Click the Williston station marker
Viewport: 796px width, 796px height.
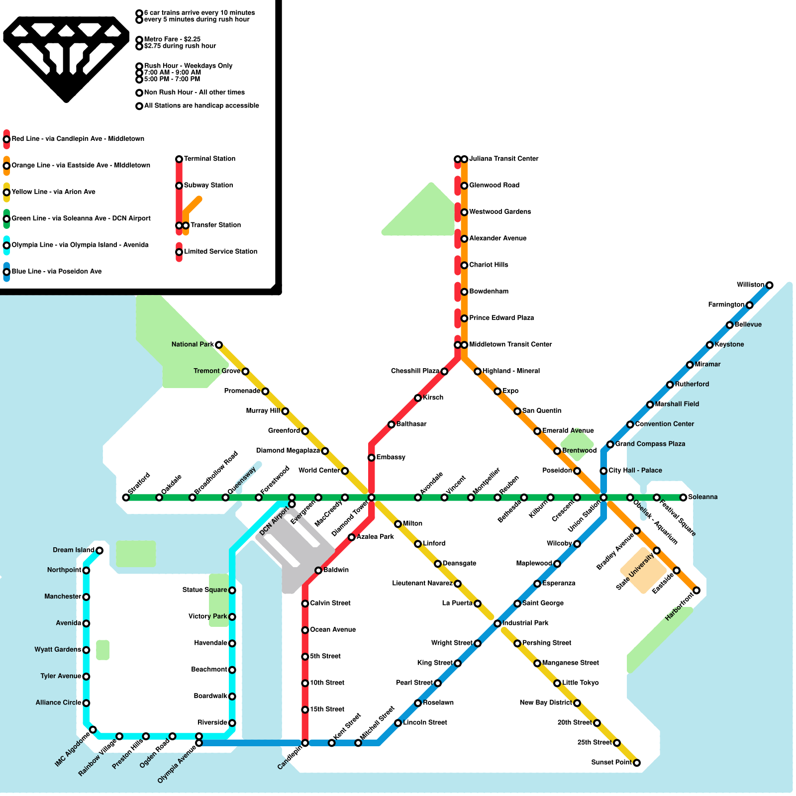coord(769,285)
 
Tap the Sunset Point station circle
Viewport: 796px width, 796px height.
coord(636,763)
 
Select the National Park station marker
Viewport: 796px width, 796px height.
coord(218,345)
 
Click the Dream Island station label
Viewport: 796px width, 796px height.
coord(73,550)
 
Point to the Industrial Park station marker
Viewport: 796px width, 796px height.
coord(497,623)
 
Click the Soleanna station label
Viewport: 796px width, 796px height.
coord(702,497)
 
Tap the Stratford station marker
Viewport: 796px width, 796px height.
coord(126,497)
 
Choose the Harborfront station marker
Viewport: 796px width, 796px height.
coord(696,590)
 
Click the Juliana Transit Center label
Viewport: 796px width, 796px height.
coord(503,159)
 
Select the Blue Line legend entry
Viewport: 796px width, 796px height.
coord(56,272)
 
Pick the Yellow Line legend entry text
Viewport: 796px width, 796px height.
coord(53,192)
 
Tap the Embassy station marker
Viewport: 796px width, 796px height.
coord(371,458)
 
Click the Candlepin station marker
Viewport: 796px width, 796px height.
coord(305,743)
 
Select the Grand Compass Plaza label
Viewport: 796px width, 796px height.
coord(650,444)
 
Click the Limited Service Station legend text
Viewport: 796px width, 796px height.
coord(220,252)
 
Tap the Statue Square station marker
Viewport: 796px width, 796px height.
coord(232,590)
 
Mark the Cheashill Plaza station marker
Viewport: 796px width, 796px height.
coord(444,372)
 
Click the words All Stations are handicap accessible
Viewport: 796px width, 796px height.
coord(201,106)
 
